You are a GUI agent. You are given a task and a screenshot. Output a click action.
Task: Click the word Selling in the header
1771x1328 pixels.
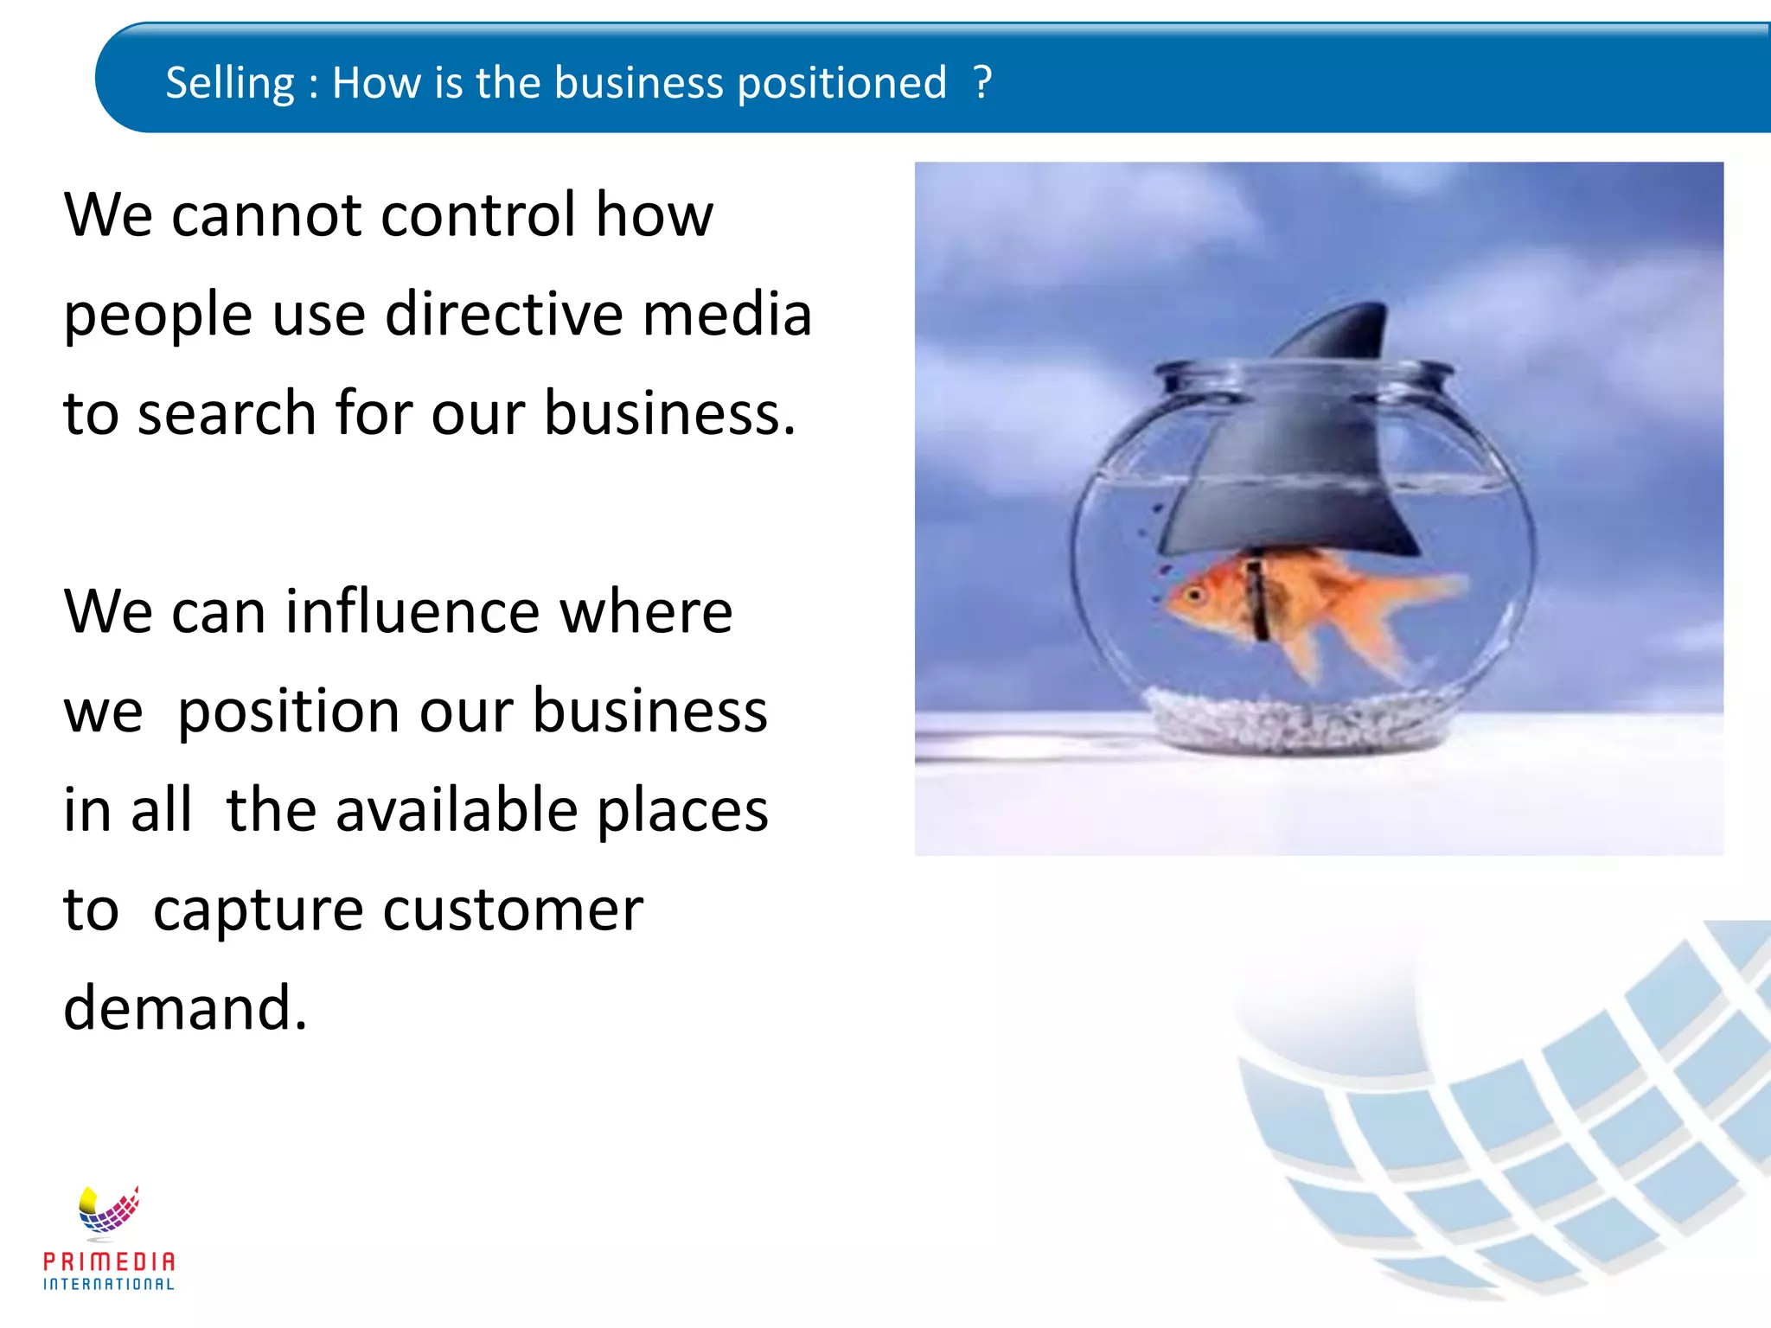pos(229,84)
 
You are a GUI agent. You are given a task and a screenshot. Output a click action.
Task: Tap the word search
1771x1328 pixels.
pos(227,412)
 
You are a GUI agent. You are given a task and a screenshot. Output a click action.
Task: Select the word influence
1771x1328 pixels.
pos(412,611)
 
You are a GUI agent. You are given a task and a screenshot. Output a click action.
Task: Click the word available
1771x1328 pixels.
pos(457,810)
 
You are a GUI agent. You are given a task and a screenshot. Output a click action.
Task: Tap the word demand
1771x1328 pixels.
pos(184,1008)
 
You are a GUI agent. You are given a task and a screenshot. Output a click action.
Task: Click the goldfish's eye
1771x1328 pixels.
pos(1197,595)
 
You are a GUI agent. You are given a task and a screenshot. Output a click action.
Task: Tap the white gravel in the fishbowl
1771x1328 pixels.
pos(1297,718)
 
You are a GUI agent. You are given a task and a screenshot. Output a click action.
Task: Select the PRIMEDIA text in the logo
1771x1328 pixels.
pos(109,1261)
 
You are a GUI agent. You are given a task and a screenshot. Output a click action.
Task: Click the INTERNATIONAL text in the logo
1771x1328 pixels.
pos(109,1285)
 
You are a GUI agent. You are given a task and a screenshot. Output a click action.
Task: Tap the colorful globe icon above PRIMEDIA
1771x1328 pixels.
pos(109,1210)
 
